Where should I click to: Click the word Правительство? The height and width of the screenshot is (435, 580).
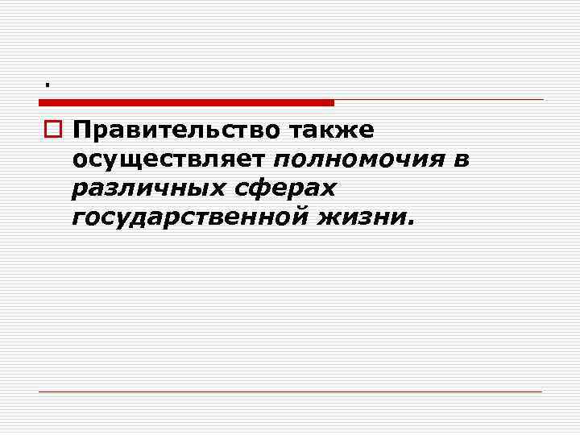pyautogui.click(x=171, y=130)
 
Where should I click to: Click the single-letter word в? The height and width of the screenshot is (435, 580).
pyautogui.click(x=462, y=159)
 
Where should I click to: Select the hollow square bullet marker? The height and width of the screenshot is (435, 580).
pyautogui.click(x=52, y=130)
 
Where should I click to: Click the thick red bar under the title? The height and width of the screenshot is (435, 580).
pyautogui.click(x=186, y=102)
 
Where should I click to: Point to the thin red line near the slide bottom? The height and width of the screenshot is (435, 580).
pyautogui.click(x=290, y=391)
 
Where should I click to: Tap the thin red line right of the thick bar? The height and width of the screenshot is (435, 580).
pyautogui.click(x=439, y=100)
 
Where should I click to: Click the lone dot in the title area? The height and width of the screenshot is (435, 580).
pyautogui.click(x=48, y=84)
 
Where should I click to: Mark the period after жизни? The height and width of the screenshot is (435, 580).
pyautogui.click(x=412, y=223)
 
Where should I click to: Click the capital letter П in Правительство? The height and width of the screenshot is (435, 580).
pyautogui.click(x=81, y=130)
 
